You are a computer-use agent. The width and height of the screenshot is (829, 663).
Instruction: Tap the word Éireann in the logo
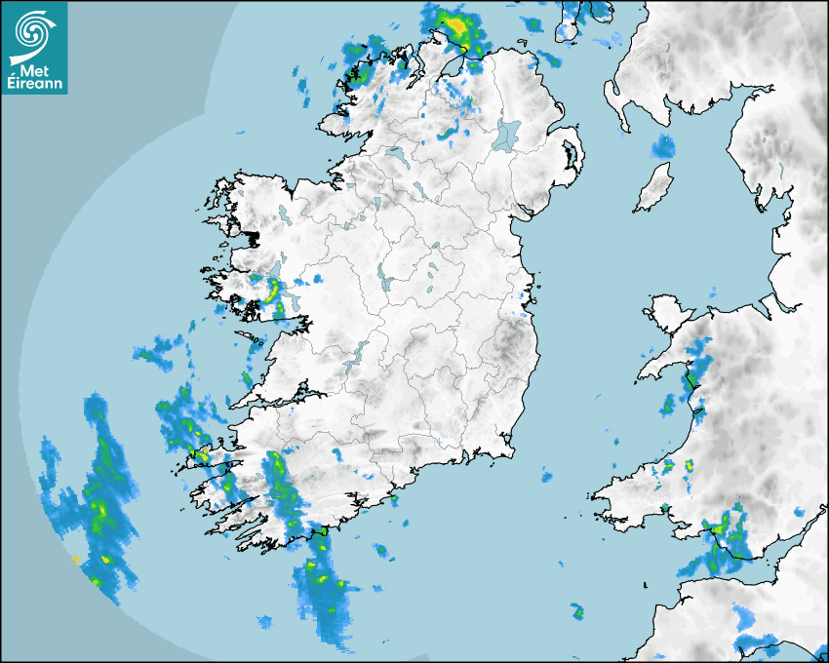click(35, 85)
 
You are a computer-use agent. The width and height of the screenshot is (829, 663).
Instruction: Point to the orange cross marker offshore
click(75, 560)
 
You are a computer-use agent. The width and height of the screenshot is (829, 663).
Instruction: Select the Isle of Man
click(654, 188)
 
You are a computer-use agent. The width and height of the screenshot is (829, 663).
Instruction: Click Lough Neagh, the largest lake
click(507, 135)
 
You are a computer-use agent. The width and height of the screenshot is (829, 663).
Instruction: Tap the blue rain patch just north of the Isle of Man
click(663, 147)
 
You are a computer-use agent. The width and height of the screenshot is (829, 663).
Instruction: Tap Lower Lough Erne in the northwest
click(395, 154)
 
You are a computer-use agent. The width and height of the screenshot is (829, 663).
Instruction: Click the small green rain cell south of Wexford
click(577, 612)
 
